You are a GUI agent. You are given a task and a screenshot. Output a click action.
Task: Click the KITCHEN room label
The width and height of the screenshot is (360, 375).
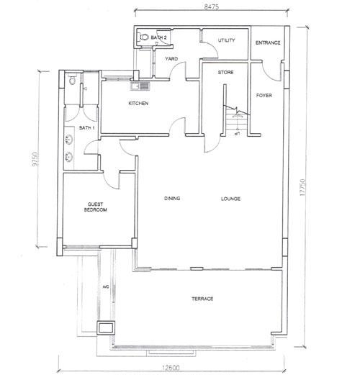[138, 104]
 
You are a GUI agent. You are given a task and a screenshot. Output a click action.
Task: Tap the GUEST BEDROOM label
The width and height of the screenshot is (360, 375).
[95, 207]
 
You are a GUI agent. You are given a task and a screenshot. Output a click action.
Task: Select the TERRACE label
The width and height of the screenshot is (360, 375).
[202, 299]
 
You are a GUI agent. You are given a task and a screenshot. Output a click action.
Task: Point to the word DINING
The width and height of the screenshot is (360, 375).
[172, 199]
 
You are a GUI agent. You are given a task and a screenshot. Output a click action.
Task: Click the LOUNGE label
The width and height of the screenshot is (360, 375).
[230, 199]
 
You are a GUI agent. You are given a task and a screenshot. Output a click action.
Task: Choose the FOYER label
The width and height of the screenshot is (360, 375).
[264, 96]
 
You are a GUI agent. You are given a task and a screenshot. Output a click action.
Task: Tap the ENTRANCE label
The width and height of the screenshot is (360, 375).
[268, 42]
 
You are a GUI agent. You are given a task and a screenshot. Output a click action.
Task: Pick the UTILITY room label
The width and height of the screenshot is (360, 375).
[226, 40]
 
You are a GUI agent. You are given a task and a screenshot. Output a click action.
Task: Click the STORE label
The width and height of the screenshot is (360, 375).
[225, 72]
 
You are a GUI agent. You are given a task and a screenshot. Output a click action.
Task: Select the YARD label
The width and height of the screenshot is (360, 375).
[171, 59]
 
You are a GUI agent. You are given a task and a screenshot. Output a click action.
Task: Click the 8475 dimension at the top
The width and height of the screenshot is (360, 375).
[211, 6]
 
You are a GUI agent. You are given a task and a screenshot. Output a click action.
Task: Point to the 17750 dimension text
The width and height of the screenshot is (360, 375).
[302, 188]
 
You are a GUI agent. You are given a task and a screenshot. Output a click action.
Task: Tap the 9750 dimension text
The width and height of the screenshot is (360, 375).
[35, 159]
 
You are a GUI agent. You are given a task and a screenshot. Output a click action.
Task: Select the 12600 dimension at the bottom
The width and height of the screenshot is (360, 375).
[171, 368]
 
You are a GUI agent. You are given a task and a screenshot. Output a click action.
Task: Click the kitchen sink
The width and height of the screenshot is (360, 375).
[140, 86]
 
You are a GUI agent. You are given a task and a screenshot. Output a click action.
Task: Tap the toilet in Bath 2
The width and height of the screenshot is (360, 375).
[144, 37]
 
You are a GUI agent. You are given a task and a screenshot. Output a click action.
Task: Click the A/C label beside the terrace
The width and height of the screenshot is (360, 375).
[106, 286]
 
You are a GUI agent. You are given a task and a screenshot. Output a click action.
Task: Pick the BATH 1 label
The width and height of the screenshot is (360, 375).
[86, 128]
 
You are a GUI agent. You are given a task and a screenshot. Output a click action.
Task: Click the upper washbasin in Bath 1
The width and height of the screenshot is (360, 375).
[69, 140]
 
